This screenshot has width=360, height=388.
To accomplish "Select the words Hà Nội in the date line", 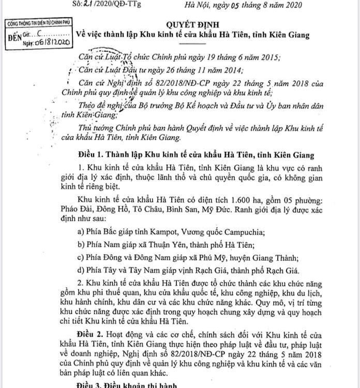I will (x=198, y=6).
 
